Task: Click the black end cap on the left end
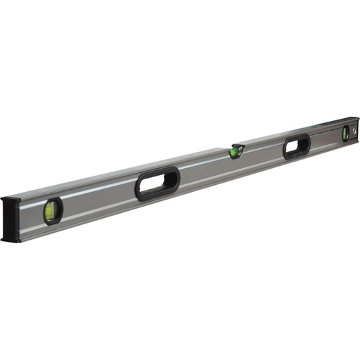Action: pos(10,220)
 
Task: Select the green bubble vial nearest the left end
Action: pos(51,210)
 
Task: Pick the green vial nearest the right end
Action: pos(345,134)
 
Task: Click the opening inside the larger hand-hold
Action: pos(157,185)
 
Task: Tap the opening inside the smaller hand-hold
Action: pos(297,147)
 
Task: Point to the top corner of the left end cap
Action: pos(5,200)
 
